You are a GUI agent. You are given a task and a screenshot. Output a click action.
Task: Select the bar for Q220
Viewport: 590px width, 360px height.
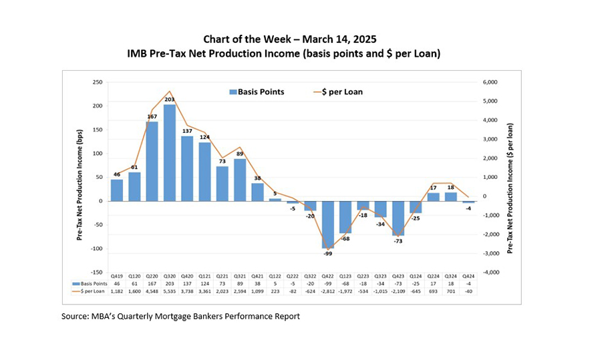point(152,161)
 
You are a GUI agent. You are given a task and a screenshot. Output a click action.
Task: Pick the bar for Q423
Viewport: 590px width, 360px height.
point(399,218)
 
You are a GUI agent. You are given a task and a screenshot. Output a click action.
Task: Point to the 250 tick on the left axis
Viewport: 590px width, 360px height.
point(97,82)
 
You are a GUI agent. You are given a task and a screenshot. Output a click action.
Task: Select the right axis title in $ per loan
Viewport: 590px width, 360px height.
point(510,177)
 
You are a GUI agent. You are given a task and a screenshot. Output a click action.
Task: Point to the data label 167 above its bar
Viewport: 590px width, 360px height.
point(152,117)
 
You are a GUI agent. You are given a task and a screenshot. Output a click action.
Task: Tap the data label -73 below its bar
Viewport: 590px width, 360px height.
point(399,240)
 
